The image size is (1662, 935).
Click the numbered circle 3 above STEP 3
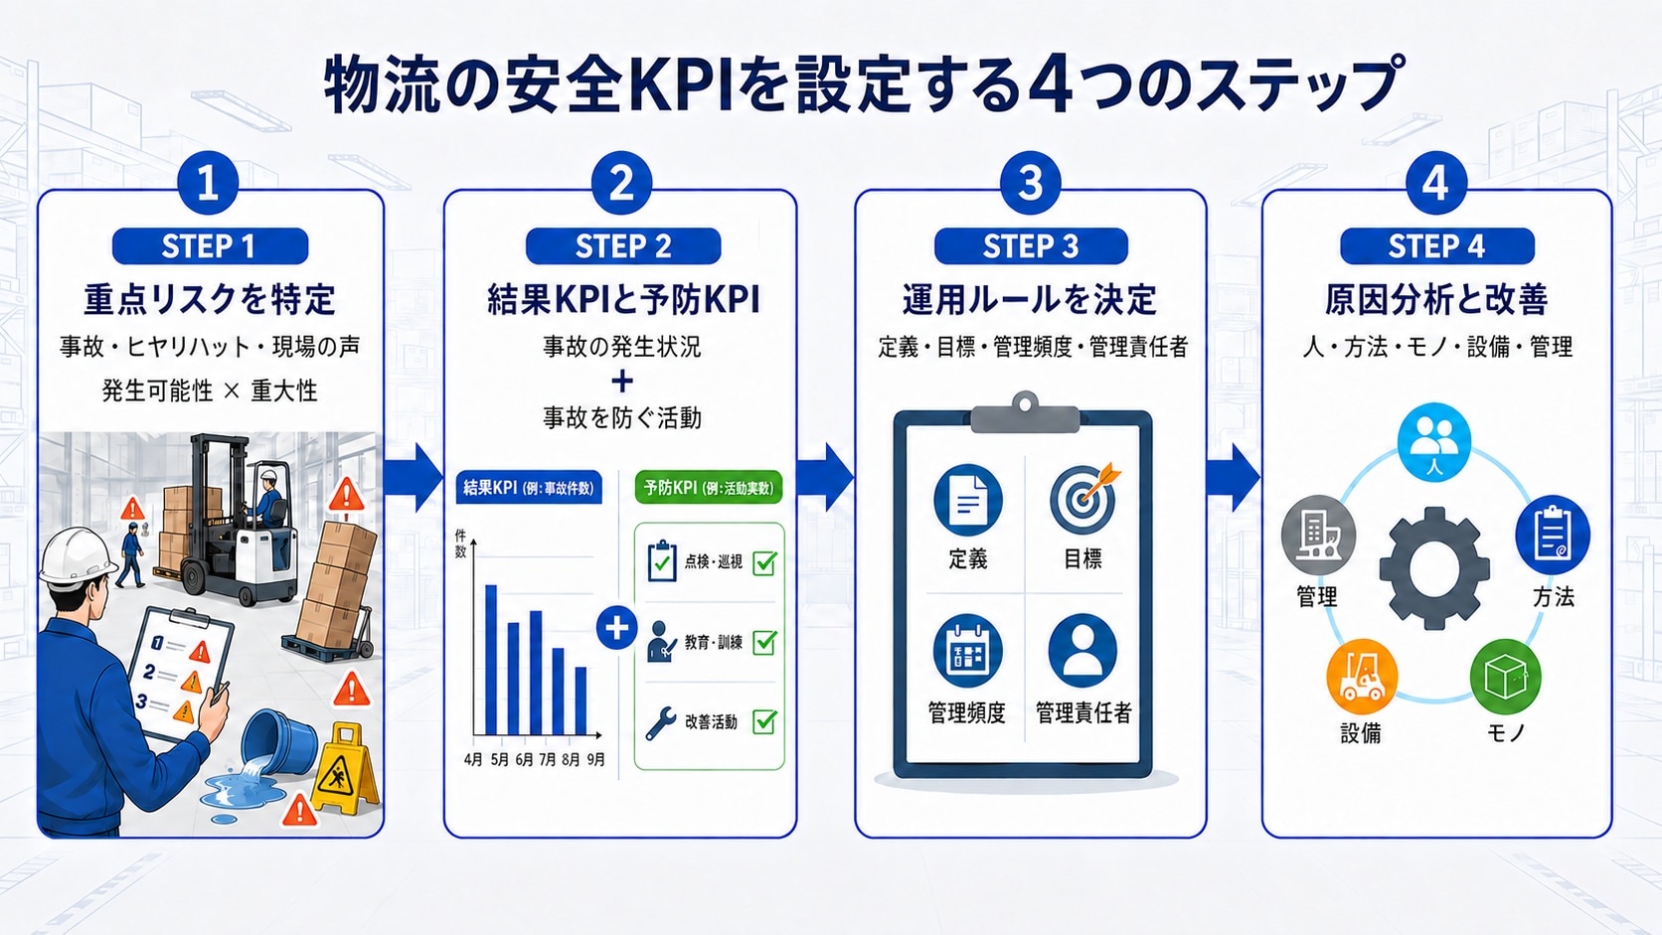pyautogui.click(x=1030, y=183)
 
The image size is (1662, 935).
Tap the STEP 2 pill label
pyautogui.click(x=623, y=246)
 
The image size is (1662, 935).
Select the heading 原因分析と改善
pyautogui.click(x=1436, y=299)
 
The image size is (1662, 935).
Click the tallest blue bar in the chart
pyautogui.click(x=490, y=660)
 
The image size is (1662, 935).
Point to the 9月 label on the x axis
pyautogui.click(x=595, y=759)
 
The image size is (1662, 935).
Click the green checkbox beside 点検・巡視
pyautogui.click(x=765, y=562)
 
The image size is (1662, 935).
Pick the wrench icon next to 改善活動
pyautogui.click(x=660, y=723)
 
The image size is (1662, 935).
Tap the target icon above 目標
pyautogui.click(x=1084, y=498)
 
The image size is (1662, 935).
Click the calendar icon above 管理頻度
pyautogui.click(x=968, y=650)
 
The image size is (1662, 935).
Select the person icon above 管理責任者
pyautogui.click(x=1082, y=650)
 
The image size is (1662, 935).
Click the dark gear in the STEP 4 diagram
pyautogui.click(x=1434, y=568)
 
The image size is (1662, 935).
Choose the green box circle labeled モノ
pyautogui.click(x=1506, y=677)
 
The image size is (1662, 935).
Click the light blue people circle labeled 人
pyautogui.click(x=1434, y=442)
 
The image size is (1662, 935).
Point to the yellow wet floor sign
pyautogui.click(x=344, y=767)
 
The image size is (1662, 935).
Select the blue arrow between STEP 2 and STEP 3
pyautogui.click(x=825, y=478)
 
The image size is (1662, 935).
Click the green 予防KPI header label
pyautogui.click(x=709, y=488)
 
